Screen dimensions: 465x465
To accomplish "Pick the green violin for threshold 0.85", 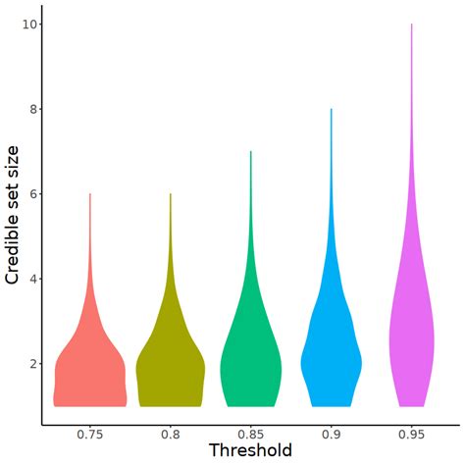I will pos(251,373).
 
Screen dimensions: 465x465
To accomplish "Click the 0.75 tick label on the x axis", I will pos(90,434).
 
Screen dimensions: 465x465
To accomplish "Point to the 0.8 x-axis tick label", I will pos(171,434).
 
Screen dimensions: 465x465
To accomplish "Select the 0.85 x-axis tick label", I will pos(251,434).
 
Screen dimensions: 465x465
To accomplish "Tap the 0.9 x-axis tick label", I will pos(332,434).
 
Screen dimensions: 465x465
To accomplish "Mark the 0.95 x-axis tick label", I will pos(411,434).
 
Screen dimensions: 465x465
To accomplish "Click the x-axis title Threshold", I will pos(250,450).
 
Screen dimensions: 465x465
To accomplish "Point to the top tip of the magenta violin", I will pos(411,26).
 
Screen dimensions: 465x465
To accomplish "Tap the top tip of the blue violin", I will pos(332,110).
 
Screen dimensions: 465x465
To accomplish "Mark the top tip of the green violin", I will pos(251,152).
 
